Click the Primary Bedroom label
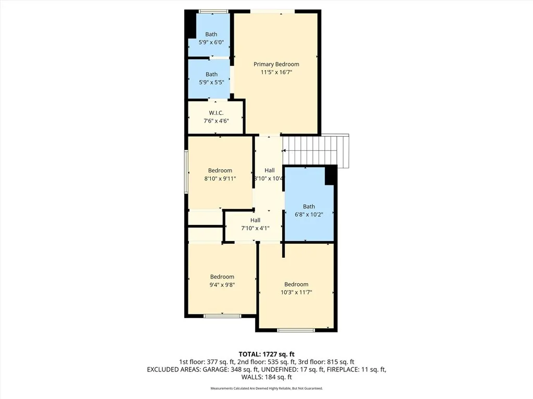tap(276, 64)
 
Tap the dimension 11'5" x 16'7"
tap(276, 73)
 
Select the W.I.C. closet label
tap(216, 113)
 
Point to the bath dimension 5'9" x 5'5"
tap(211, 82)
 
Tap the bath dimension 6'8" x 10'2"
tap(309, 214)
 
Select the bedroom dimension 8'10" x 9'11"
tap(220, 178)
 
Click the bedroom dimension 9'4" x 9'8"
tap(222, 285)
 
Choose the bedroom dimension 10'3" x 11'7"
tap(296, 292)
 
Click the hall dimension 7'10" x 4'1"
tap(255, 228)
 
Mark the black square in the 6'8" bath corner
tap(330, 176)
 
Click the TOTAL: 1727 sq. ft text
tap(266, 354)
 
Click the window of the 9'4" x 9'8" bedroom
tap(222, 315)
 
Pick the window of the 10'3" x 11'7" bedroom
tap(296, 330)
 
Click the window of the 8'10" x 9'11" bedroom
tap(186, 172)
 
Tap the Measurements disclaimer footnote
tap(266, 389)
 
